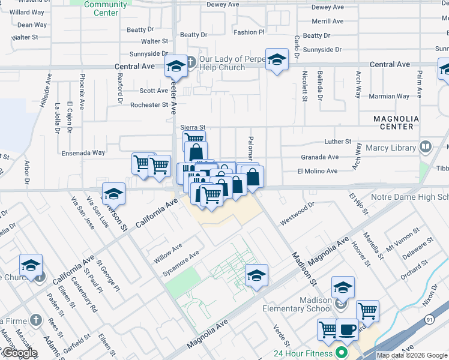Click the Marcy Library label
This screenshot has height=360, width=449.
tap(391, 148)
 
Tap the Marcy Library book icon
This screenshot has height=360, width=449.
tap(426, 146)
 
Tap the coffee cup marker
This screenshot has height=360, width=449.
tap(346, 329)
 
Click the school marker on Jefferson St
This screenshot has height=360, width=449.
tap(113, 194)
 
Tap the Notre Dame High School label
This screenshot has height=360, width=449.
tap(414, 197)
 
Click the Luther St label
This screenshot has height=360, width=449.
tap(337, 142)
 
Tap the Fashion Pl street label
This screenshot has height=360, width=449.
tap(249, 32)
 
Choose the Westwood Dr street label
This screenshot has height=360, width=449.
tap(297, 214)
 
